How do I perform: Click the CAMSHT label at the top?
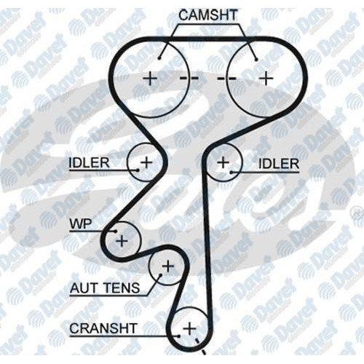click(x=208, y=15)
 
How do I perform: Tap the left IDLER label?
click(x=89, y=163)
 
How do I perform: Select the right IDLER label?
click(x=279, y=164)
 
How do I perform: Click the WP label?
click(x=81, y=224)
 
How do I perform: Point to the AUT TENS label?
click(x=105, y=288)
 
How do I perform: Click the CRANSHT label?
click(x=103, y=328)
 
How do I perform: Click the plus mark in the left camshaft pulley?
click(x=150, y=79)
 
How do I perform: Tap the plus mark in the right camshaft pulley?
click(x=266, y=78)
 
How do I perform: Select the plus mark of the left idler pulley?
click(x=146, y=162)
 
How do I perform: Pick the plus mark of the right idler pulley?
click(x=223, y=162)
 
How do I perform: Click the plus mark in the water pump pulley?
click(x=122, y=241)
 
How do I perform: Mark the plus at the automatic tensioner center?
click(x=168, y=266)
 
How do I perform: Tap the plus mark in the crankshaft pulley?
click(x=189, y=329)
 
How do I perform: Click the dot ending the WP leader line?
click(x=116, y=232)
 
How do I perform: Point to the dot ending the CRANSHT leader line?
click(x=179, y=336)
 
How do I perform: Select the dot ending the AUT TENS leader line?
click(x=160, y=275)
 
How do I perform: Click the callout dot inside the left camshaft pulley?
click(x=159, y=58)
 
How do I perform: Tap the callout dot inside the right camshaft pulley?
click(x=256, y=60)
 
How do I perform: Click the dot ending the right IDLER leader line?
click(x=232, y=173)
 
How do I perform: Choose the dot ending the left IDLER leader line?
click(x=138, y=170)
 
